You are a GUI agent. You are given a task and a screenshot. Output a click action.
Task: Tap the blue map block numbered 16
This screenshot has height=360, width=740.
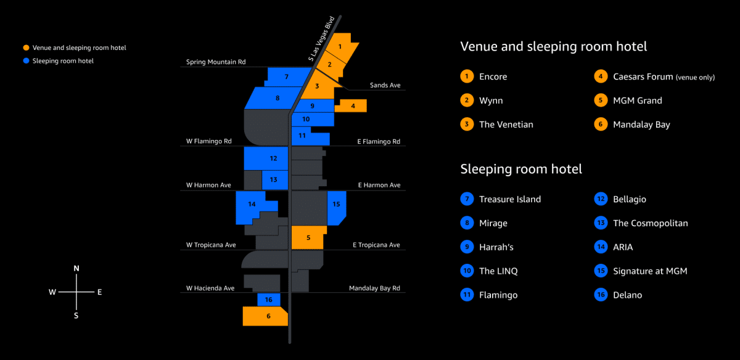coord(269,300)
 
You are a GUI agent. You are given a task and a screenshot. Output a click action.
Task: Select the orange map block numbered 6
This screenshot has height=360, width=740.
coord(265,316)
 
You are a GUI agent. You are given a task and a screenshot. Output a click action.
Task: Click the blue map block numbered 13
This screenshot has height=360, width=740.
coord(275,180)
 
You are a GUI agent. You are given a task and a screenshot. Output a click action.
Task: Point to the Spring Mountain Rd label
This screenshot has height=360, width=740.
coord(216,62)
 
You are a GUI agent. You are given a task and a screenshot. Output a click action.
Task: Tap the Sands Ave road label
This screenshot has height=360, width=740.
coord(385,85)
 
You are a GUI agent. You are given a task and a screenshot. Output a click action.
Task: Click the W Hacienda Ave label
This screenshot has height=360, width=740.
coord(210,288)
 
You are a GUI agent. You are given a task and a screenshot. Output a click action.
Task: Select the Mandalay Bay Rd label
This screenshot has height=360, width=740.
coord(374,288)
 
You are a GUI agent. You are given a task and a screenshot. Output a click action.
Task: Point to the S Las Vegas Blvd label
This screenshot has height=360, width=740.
coord(321,39)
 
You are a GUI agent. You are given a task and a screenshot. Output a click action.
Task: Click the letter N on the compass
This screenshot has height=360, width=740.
coord(76,269)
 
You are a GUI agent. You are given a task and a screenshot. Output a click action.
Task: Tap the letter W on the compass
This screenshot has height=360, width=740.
coord(52,292)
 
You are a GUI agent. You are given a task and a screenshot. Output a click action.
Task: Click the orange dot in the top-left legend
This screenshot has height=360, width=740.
coord(26,47)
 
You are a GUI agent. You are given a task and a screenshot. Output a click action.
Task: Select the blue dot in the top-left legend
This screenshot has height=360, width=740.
coord(26,61)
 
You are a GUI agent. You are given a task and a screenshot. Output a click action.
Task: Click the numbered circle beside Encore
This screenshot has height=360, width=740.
coord(467,76)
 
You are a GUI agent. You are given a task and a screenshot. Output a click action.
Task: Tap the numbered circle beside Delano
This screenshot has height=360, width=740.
coord(601,295)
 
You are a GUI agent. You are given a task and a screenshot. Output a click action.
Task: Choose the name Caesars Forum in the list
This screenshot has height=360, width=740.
coord(643,76)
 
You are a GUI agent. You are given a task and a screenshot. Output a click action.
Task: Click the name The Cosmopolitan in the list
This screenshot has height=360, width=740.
coord(651,223)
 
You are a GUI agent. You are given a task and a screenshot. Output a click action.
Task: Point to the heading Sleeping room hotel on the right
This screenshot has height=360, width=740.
coord(521,169)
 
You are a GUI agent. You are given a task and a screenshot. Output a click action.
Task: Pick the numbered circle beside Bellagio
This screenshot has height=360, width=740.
coord(601,199)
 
